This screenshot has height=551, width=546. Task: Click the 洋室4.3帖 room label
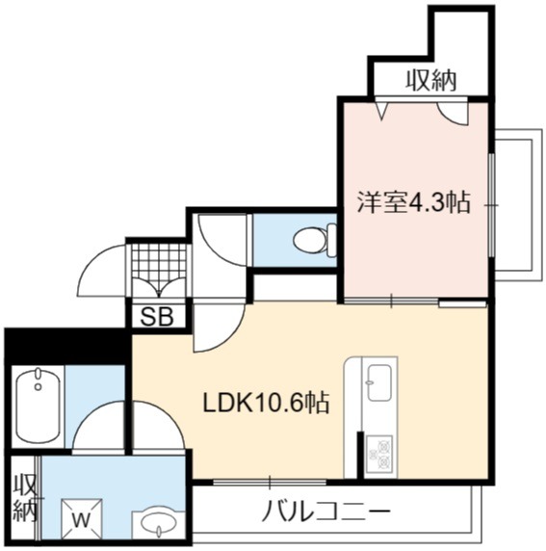tap(413, 203)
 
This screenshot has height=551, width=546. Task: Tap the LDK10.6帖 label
tap(266, 403)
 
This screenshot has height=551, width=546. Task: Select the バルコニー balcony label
tap(326, 510)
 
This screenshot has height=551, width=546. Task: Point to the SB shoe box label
tap(157, 317)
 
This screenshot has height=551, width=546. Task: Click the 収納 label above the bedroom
tap(431, 81)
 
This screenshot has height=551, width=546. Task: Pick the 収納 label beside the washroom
tap(25, 498)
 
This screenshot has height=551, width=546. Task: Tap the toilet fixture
tap(315, 240)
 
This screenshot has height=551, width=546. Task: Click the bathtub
tap(38, 407)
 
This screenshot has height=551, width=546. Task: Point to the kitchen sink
tap(379, 382)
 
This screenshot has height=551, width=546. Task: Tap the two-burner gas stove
tap(379, 454)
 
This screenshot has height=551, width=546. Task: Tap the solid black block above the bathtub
tap(65, 347)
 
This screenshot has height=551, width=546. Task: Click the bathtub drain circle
tap(38, 387)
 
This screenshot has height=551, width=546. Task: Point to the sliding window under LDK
tap(270, 482)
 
